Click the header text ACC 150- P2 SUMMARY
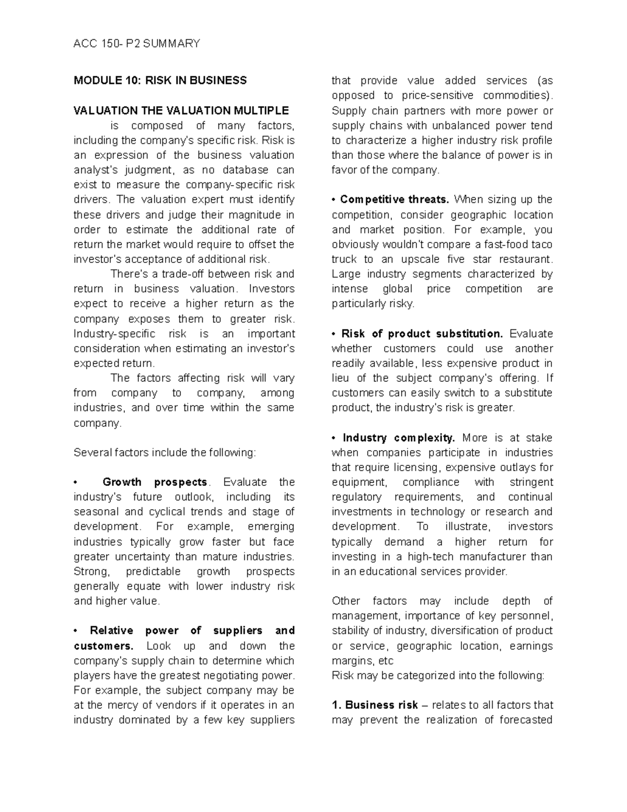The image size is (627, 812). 137,43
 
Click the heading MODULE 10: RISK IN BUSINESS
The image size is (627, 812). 160,81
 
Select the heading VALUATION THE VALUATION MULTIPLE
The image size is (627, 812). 181,110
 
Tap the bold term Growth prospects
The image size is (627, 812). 155,482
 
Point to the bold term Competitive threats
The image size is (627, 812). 394,199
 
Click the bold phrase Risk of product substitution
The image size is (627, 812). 422,334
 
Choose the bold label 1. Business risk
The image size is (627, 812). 375,705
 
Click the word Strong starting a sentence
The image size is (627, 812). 91,571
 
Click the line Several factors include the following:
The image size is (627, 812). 165,452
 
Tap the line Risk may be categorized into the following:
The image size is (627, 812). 438,676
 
